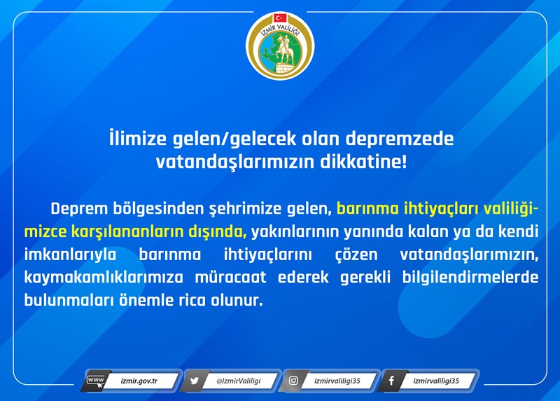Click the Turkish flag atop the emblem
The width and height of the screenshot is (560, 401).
281,18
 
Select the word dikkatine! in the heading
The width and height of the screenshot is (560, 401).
363,162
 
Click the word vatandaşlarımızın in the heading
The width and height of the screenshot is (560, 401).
234,163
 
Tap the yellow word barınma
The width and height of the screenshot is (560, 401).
367,208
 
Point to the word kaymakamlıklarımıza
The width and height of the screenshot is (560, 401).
104,278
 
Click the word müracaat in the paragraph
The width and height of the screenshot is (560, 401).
231,278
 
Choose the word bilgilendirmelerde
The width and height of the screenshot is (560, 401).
470,278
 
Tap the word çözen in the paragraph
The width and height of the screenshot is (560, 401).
356,255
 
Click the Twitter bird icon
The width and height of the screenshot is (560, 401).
195,381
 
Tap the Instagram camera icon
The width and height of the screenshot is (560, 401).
293,380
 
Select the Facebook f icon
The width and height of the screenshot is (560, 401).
392,381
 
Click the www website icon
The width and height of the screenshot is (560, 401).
96,381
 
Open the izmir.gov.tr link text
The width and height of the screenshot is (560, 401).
139,381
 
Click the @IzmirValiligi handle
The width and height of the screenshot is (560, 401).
239,381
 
